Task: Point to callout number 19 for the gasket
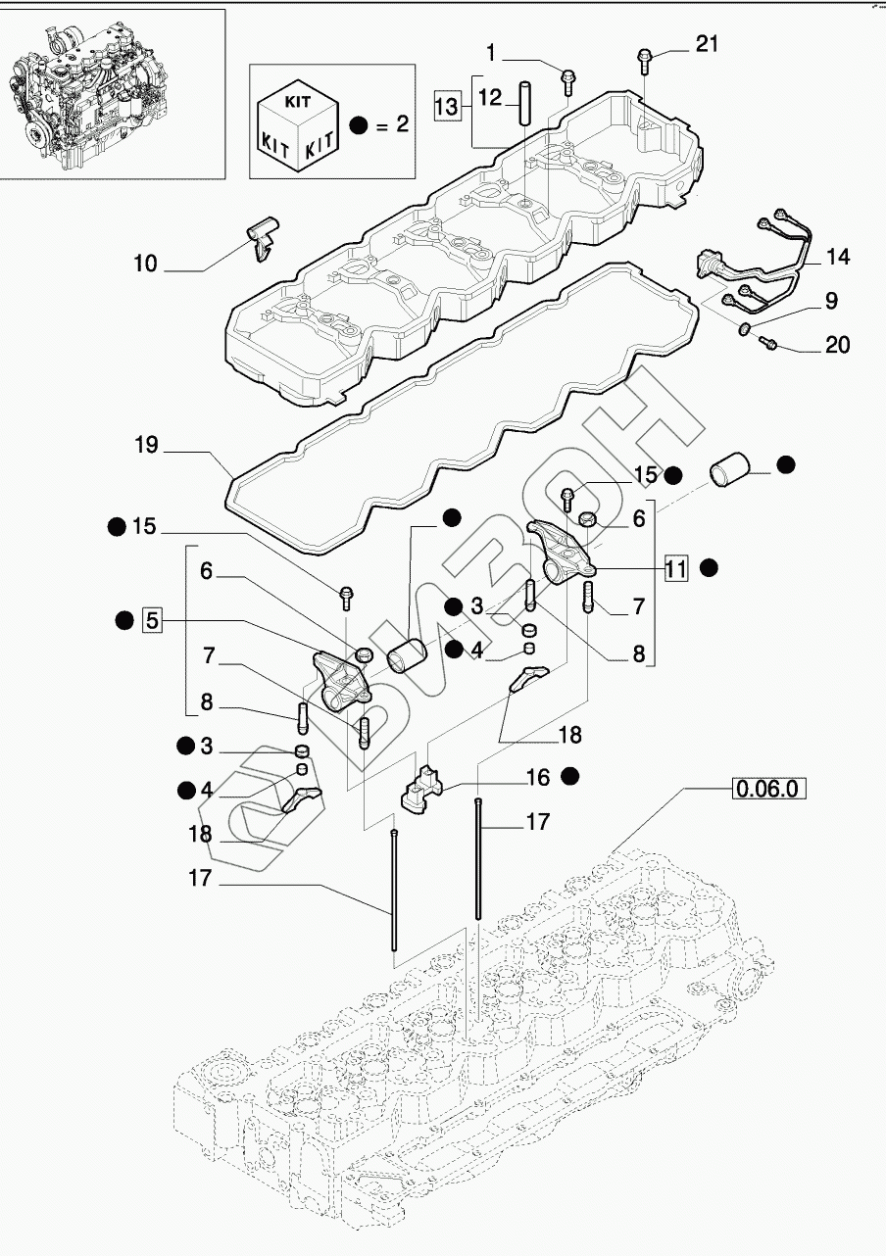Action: [146, 447]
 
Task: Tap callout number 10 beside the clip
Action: [145, 264]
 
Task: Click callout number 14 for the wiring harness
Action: [837, 259]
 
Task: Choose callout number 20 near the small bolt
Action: [837, 345]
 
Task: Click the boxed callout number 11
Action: [675, 566]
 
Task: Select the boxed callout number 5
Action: [151, 618]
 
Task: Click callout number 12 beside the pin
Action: [490, 96]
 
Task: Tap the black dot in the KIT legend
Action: [359, 124]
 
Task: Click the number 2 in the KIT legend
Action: [401, 124]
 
